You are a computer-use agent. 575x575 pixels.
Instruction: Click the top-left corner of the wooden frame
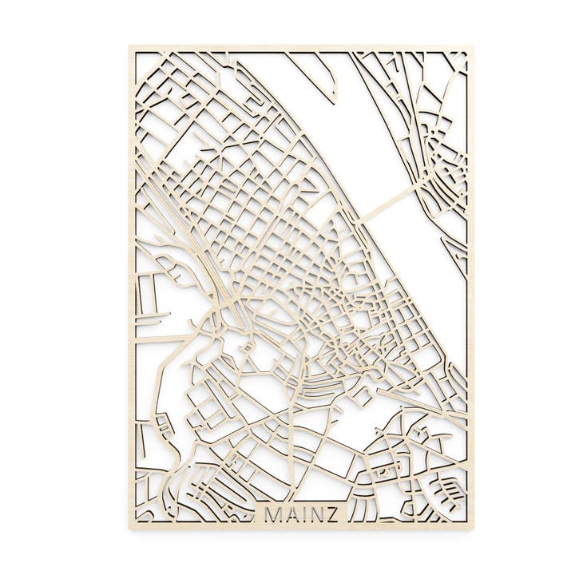tap(131, 47)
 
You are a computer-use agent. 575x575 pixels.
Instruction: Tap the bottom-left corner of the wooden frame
tap(131, 526)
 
